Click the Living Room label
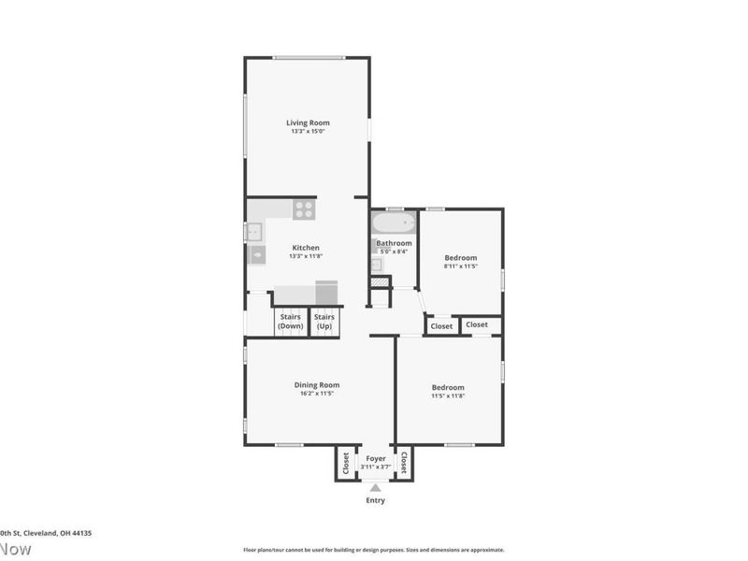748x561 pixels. pyautogui.click(x=308, y=122)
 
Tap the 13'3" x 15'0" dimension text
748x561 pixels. pyautogui.click(x=308, y=132)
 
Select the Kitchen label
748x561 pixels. pyautogui.click(x=307, y=248)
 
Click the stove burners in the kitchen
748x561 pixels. pyautogui.click(x=304, y=210)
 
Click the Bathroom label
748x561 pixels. pyautogui.click(x=394, y=243)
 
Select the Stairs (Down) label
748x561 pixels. pyautogui.click(x=291, y=321)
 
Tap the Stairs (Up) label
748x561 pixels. pyautogui.click(x=324, y=321)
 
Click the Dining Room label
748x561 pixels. pyautogui.click(x=317, y=384)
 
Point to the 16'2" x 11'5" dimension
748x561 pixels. pyautogui.click(x=317, y=394)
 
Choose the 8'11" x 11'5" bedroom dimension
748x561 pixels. pyautogui.click(x=460, y=266)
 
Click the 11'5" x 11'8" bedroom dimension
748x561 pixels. pyautogui.click(x=448, y=396)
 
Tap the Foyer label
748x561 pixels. pyautogui.click(x=375, y=458)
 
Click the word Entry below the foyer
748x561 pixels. pyautogui.click(x=375, y=500)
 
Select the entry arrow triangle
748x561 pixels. pyautogui.click(x=375, y=487)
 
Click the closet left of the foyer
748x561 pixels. pyautogui.click(x=346, y=462)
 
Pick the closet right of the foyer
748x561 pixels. pyautogui.click(x=404, y=462)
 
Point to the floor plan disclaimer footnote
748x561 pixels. pyautogui.click(x=374, y=550)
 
